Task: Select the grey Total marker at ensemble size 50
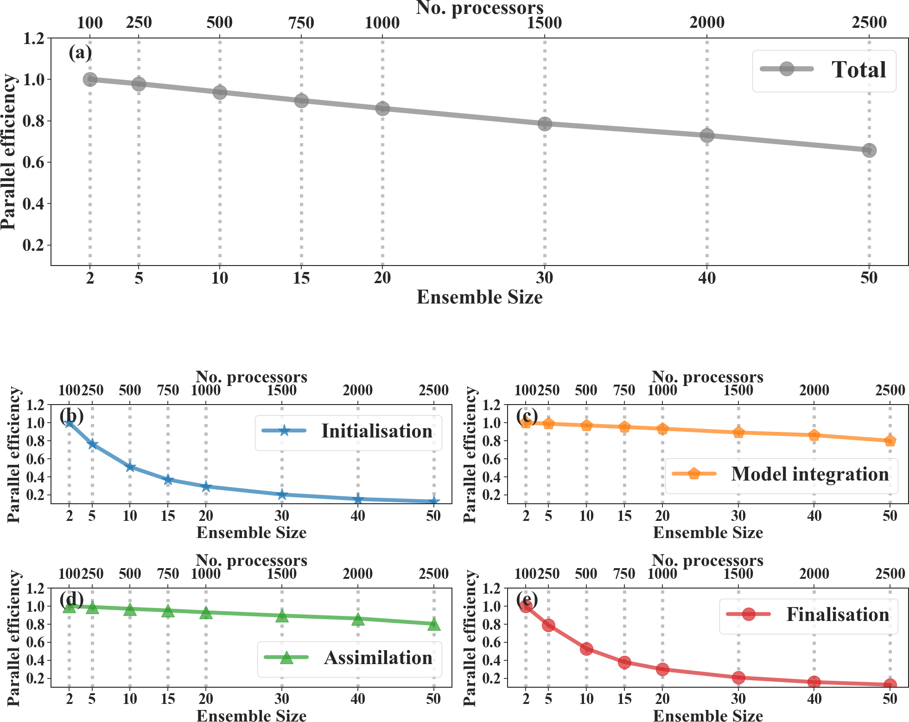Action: (869, 150)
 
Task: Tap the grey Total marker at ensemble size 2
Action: (90, 79)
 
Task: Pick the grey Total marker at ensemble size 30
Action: (545, 124)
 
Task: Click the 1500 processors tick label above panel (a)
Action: (544, 22)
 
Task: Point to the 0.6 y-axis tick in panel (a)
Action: (33, 162)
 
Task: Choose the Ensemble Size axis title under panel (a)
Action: (479, 297)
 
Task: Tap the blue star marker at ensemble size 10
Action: (130, 467)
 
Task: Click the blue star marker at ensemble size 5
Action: (92, 444)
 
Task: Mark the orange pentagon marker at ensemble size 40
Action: (814, 435)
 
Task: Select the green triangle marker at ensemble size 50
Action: (434, 624)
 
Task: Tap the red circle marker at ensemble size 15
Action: (624, 662)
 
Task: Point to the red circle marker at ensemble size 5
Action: (548, 626)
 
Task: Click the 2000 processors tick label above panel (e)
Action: (814, 574)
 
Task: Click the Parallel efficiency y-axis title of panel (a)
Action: (8, 152)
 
